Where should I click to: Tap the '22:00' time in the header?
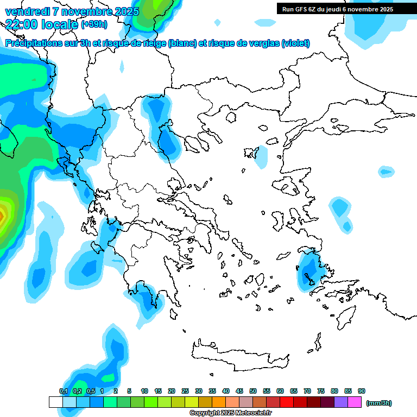(21, 24)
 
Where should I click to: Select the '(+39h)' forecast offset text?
(94, 24)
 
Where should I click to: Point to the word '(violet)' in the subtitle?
(296, 43)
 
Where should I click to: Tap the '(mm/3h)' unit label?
(379, 403)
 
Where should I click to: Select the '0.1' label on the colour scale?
(64, 391)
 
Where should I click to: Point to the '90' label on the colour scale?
(362, 391)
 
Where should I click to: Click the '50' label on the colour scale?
(253, 391)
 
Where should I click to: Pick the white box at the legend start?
(55, 402)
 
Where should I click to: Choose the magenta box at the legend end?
(355, 402)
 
